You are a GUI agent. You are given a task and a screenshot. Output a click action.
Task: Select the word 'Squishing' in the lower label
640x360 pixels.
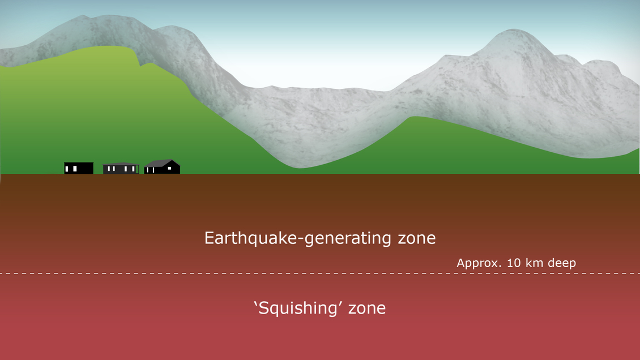coord(298,308)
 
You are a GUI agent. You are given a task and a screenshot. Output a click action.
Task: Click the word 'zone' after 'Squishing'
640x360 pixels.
coord(366,308)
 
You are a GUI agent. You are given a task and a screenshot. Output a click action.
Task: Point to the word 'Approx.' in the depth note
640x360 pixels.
coord(479,263)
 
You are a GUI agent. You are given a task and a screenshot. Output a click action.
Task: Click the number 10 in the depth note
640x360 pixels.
coord(514,263)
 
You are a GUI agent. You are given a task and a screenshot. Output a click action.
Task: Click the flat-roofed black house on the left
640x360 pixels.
coord(79,168)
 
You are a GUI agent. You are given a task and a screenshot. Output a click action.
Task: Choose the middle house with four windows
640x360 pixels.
coord(121,168)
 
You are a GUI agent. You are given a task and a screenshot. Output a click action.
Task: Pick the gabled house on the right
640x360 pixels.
coord(162,167)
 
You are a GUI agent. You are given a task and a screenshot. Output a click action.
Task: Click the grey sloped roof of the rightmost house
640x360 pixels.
coord(159,163)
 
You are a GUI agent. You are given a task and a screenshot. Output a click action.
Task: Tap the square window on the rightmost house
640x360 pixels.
coord(169,168)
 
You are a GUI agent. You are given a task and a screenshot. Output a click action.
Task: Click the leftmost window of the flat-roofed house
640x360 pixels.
coord(67,169)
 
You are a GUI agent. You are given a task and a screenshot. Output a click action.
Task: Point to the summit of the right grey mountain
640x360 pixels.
coord(514,29)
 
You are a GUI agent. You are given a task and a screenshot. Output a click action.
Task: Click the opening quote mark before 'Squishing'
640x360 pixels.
coord(255,304)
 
